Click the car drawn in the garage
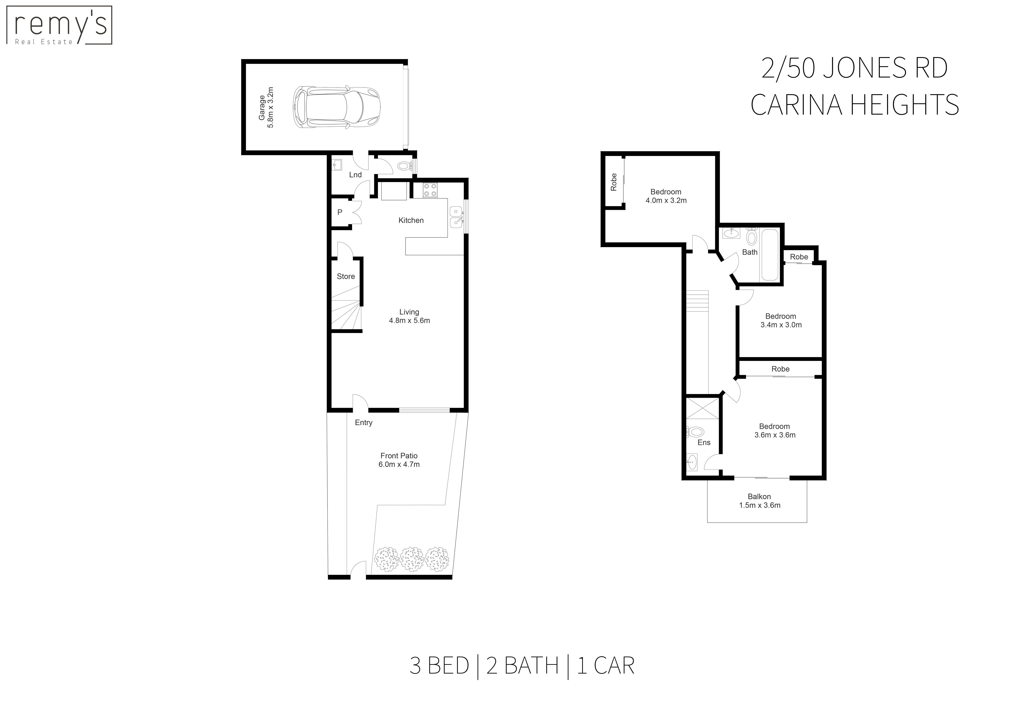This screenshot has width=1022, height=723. [337, 107]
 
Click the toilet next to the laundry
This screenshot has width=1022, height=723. [404, 166]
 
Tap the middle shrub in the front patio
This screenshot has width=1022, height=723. [412, 559]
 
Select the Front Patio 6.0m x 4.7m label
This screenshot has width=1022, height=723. [399, 460]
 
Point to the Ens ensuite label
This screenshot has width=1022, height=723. [704, 442]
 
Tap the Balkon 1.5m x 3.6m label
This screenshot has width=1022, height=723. [759, 501]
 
